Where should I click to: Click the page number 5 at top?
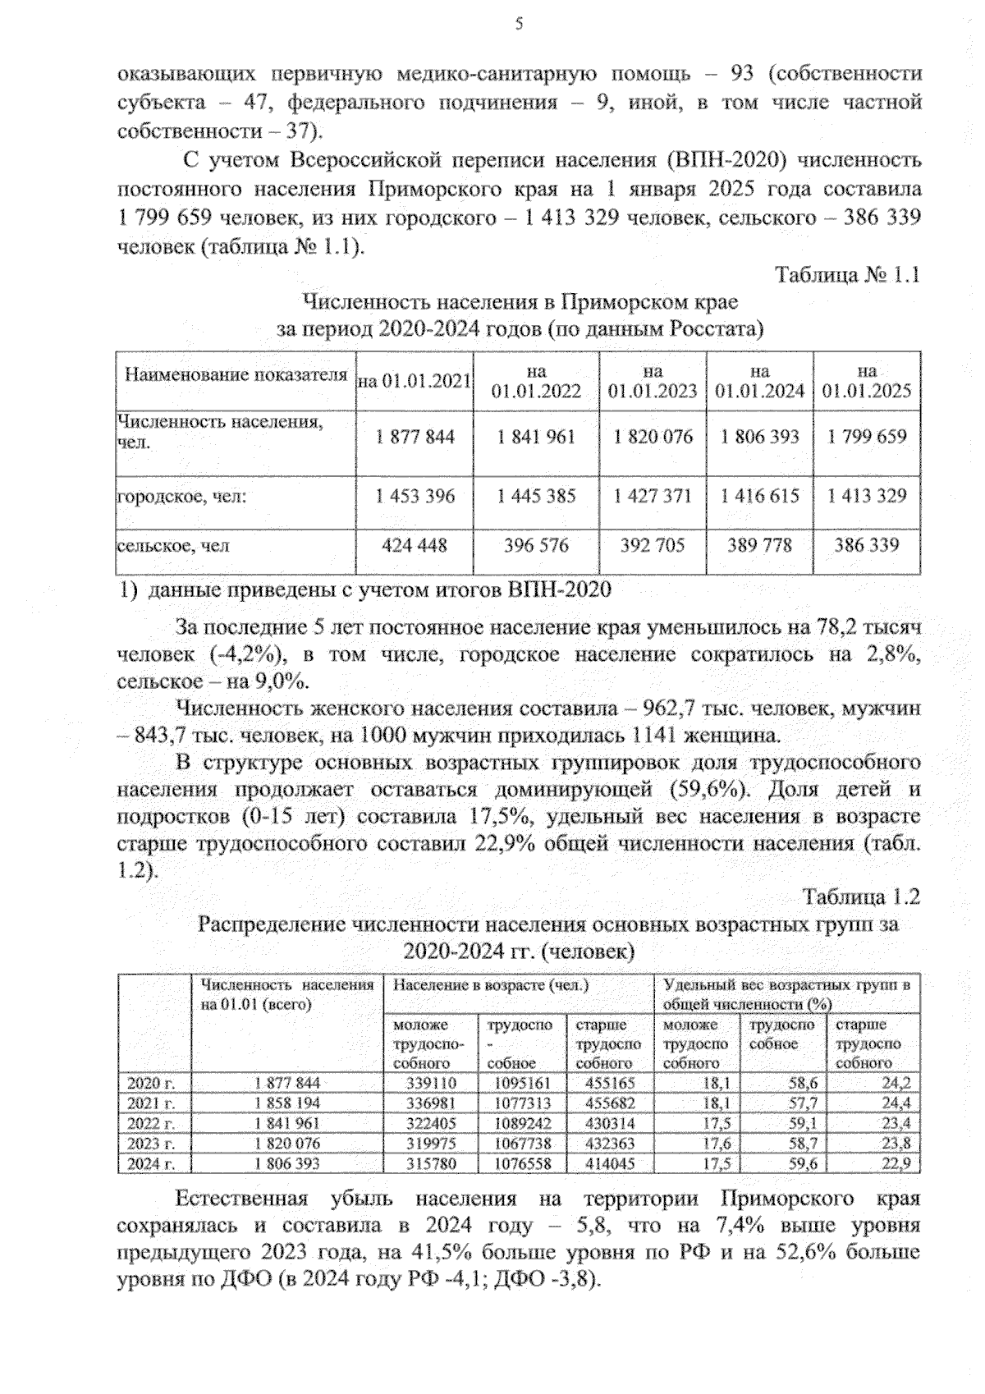tap(519, 24)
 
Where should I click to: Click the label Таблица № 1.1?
tap(847, 275)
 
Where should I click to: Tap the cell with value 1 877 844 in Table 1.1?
tap(415, 437)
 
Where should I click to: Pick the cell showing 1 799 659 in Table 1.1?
tap(867, 437)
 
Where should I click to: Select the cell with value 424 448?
tap(415, 545)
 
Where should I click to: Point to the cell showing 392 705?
tap(653, 545)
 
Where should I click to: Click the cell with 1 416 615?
tap(760, 496)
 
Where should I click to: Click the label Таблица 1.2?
tap(862, 896)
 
